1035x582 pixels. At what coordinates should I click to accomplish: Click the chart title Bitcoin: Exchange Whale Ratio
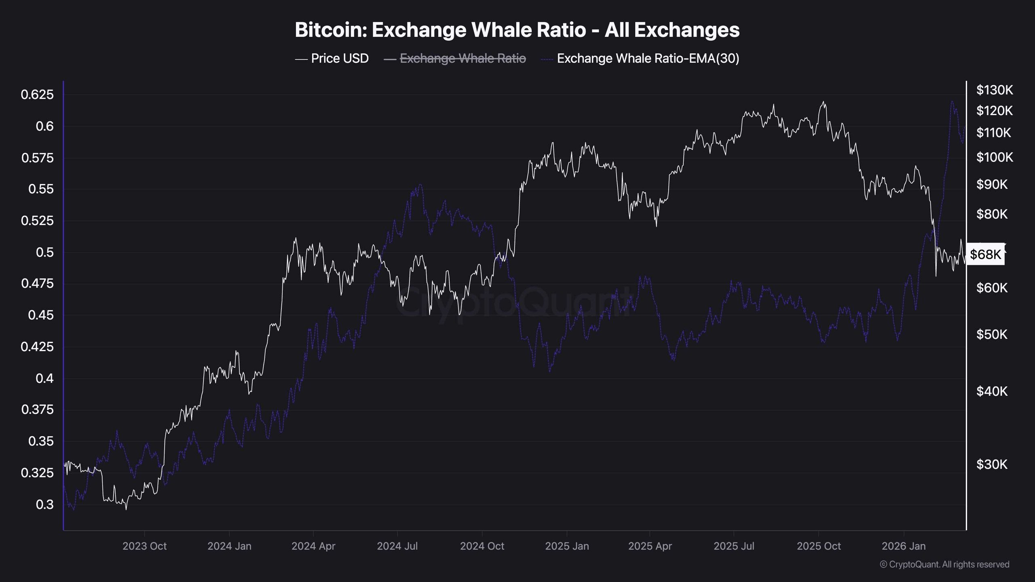pos(517,30)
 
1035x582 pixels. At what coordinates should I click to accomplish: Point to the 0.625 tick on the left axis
pos(37,95)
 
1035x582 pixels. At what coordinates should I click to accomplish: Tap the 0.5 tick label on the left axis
pos(44,252)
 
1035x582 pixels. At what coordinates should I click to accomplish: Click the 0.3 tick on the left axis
pos(44,504)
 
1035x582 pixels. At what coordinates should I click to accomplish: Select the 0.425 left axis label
pos(37,346)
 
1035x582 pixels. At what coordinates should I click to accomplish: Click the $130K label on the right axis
pos(995,90)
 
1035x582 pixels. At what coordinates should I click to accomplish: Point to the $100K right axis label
pos(995,157)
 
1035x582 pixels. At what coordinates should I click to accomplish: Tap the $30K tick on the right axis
pos(992,464)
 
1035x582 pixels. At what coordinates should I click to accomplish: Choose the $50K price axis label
pos(992,334)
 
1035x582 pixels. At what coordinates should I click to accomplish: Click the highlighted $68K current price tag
pos(985,254)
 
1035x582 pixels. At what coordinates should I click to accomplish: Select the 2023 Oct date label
pos(144,546)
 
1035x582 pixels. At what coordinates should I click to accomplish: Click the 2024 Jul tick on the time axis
pos(397,546)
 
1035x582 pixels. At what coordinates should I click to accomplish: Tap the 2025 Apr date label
pos(650,546)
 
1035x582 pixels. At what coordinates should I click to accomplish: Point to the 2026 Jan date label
pos(903,546)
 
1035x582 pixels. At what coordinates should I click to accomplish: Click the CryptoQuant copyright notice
pos(944,564)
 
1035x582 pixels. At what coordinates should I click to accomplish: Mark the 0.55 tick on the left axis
pos(41,189)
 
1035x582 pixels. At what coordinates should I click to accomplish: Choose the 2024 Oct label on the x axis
pos(482,546)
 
